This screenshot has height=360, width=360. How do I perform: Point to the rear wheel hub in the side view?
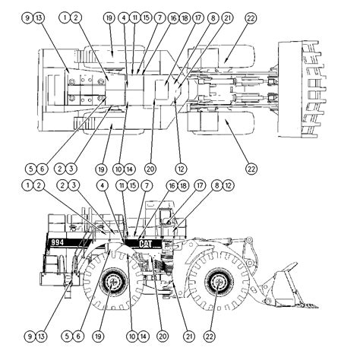pyautogui.click(x=113, y=284)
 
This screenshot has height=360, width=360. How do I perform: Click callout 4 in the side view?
pyautogui.click(x=101, y=185)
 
